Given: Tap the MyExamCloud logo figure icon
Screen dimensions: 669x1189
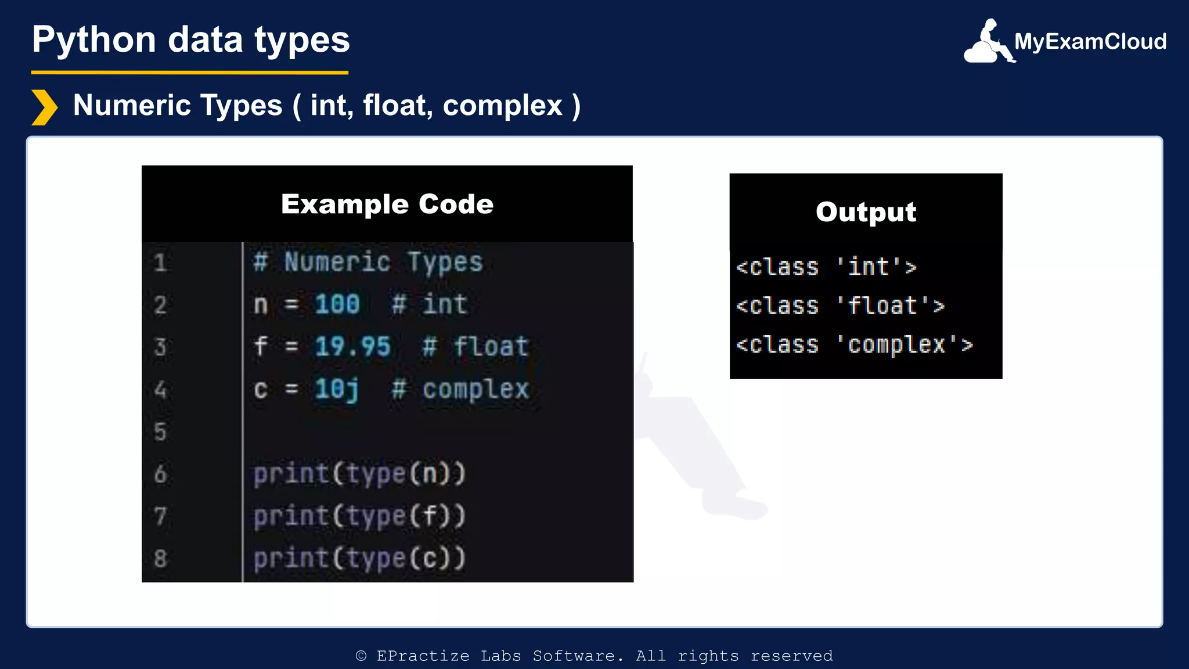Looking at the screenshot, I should pyautogui.click(x=988, y=42).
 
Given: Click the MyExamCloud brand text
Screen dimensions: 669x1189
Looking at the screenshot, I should pyautogui.click(x=1090, y=42).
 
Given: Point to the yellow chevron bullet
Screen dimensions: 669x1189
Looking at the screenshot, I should pyautogui.click(x=44, y=107).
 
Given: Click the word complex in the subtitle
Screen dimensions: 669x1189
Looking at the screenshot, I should pyautogui.click(x=502, y=106).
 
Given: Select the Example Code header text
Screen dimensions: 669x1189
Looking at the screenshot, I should pyautogui.click(x=387, y=204).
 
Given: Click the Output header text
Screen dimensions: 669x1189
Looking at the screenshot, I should pyautogui.click(x=866, y=212).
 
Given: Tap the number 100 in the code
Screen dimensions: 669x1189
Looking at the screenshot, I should pyautogui.click(x=337, y=304).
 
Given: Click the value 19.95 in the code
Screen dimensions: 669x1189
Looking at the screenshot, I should pyautogui.click(x=352, y=347).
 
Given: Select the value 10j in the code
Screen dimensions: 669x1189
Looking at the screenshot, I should pyautogui.click(x=336, y=389).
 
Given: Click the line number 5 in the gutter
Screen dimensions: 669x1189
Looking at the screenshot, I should pyautogui.click(x=160, y=432).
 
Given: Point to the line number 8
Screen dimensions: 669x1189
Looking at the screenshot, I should pyautogui.click(x=160, y=559).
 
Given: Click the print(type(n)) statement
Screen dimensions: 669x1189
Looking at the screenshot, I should pyautogui.click(x=359, y=474).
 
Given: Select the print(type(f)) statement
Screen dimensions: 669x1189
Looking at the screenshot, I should pyautogui.click(x=359, y=516).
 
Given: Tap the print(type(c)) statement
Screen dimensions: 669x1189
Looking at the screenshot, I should pyautogui.click(x=359, y=559).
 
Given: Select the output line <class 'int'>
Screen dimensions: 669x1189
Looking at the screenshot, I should pyautogui.click(x=826, y=267).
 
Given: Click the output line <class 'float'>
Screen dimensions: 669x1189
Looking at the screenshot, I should pyautogui.click(x=839, y=306).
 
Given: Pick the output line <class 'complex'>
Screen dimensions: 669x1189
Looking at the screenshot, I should pyautogui.click(x=853, y=345).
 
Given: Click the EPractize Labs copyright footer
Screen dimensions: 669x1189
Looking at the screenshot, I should pyautogui.click(x=594, y=656).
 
